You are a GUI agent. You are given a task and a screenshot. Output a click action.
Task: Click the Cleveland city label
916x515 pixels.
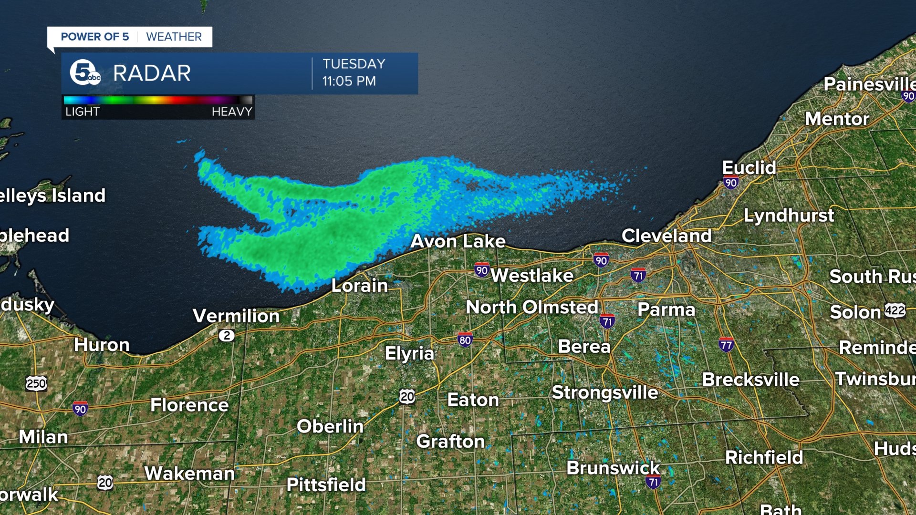click(666, 236)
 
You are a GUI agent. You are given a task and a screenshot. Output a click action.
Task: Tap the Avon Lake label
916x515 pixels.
click(458, 241)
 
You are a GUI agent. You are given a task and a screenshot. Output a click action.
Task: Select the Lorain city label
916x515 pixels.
click(359, 286)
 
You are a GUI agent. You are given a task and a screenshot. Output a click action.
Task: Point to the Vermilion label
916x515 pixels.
click(236, 316)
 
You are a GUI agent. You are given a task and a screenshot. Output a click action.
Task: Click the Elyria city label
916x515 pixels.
click(409, 353)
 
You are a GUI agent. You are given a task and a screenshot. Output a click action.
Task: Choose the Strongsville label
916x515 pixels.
click(604, 392)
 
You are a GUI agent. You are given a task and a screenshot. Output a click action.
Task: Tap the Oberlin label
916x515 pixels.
click(330, 426)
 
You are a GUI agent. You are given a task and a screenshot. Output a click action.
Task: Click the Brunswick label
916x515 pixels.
click(613, 468)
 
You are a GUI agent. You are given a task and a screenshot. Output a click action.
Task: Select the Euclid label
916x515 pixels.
click(749, 167)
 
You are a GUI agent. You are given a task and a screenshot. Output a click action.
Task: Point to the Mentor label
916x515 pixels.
click(837, 119)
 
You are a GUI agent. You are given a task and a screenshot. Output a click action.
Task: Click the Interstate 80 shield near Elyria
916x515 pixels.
click(465, 340)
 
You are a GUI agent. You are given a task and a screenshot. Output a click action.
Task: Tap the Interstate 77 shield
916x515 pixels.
click(726, 344)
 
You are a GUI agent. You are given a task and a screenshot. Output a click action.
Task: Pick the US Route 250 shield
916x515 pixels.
click(36, 383)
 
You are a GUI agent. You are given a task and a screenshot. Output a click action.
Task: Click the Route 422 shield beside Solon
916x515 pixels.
click(895, 311)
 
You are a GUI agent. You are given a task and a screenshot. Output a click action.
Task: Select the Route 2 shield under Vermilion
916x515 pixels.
click(227, 336)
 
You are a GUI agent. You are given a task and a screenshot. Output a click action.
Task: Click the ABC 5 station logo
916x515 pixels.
click(85, 73)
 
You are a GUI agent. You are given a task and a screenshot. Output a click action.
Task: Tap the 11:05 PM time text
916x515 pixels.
click(349, 81)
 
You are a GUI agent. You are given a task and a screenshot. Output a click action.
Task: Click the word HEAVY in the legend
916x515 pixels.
click(231, 112)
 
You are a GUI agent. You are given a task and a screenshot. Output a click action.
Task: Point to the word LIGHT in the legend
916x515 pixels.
click(82, 112)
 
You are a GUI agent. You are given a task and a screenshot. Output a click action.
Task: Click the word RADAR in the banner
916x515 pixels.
click(152, 73)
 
